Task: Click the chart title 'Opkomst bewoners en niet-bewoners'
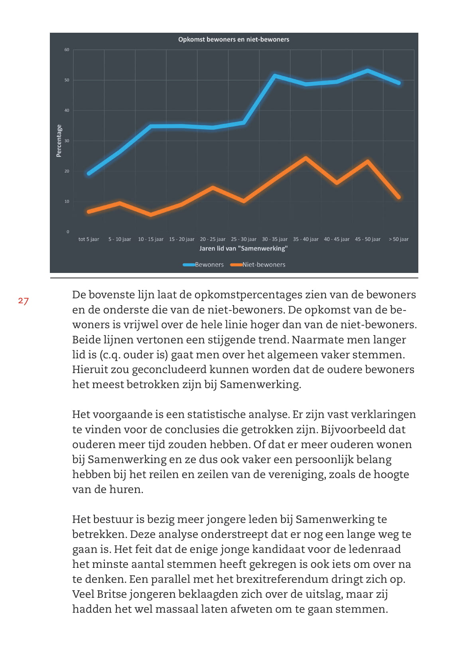234,40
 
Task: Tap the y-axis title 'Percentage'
59,141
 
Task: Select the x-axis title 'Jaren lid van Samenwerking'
243,249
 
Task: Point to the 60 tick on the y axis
67,50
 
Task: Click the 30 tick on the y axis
67,141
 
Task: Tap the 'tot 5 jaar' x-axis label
89,239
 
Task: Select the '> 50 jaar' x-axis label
398,239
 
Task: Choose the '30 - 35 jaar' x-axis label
275,239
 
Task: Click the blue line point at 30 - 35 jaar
275,75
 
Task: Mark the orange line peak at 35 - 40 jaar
305,158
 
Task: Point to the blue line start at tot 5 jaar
89,173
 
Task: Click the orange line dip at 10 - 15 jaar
151,215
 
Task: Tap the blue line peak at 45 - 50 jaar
368,71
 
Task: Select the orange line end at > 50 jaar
398,197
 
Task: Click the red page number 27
24,301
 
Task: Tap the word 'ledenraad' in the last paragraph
374,549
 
